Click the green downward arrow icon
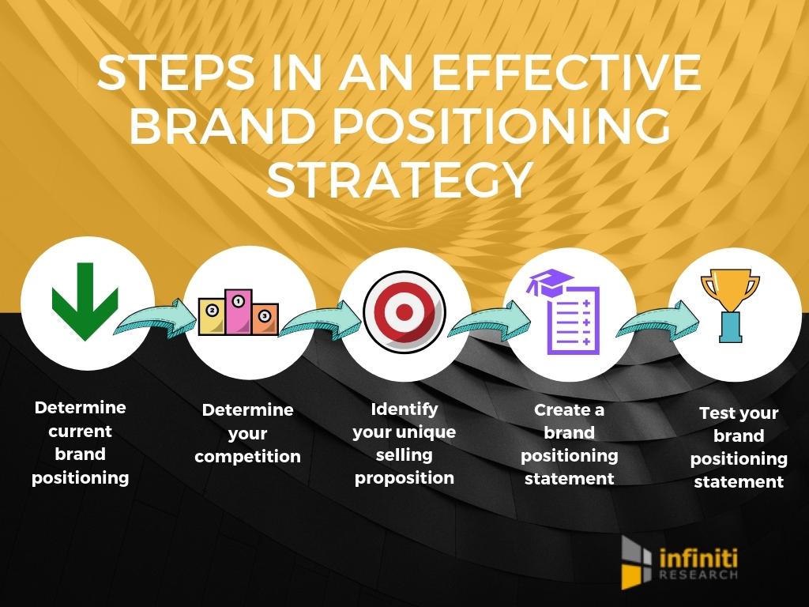(x=85, y=301)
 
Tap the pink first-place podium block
(x=238, y=311)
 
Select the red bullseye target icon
(x=404, y=311)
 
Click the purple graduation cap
(x=550, y=282)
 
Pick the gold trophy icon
(x=729, y=305)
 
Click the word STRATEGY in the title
(x=399, y=179)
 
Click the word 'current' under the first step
(x=80, y=431)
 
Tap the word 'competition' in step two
(x=247, y=456)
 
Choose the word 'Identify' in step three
(x=404, y=409)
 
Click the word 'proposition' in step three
(x=404, y=478)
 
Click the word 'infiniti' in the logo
(x=698, y=559)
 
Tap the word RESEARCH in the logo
(x=698, y=575)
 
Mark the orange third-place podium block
(x=265, y=319)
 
